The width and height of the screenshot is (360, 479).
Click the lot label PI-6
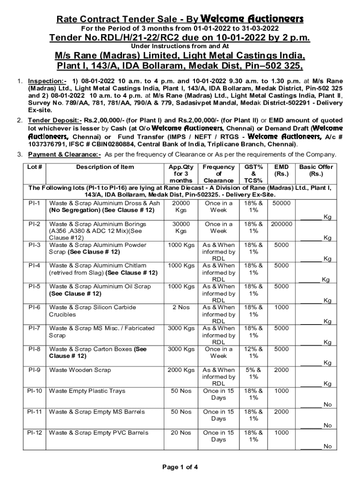(34, 307)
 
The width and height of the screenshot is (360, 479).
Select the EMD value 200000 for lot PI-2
(281, 224)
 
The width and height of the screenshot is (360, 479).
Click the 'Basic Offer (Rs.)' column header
(316, 170)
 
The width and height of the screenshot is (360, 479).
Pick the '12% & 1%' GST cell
(253, 352)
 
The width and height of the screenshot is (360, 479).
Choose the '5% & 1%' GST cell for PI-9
(253, 373)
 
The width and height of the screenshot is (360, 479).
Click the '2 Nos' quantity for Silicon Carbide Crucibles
(180, 307)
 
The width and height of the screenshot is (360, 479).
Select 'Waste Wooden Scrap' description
(80, 370)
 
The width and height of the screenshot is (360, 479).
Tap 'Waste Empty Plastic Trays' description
(87, 391)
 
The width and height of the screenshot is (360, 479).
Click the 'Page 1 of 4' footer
(180, 466)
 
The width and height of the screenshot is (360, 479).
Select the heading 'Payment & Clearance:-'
(65, 154)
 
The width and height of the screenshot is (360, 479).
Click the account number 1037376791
(49, 145)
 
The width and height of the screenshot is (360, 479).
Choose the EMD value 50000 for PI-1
(281, 203)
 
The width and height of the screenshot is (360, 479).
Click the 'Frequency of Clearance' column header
(218, 174)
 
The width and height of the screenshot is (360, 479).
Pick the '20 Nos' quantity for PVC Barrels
(180, 433)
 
